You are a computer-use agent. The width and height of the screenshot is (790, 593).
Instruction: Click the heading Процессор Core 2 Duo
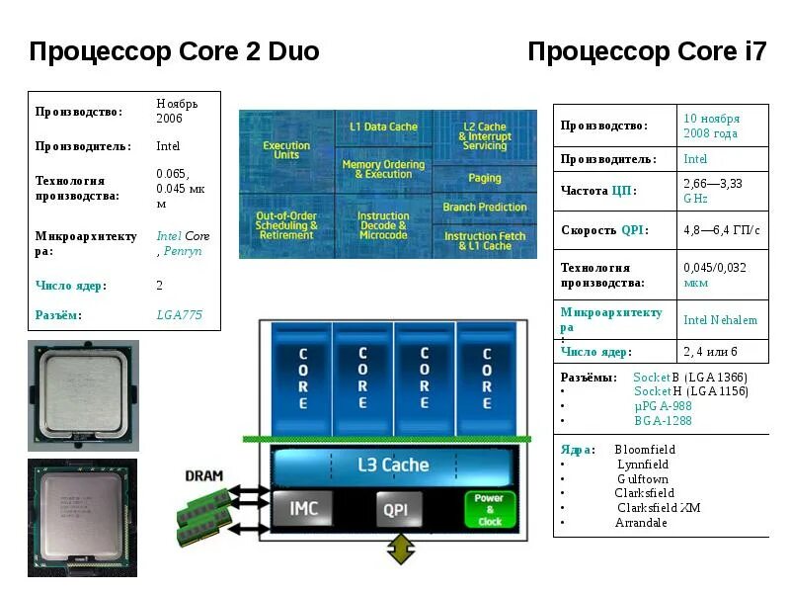pyautogui.click(x=174, y=51)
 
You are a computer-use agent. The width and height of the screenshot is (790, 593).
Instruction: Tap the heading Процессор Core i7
pyautogui.click(x=647, y=51)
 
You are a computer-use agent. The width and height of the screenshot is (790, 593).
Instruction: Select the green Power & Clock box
pyautogui.click(x=490, y=510)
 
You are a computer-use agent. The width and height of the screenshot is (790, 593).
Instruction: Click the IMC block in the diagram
pyautogui.click(x=303, y=509)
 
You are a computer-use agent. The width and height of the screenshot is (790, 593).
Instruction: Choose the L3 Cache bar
pyautogui.click(x=392, y=465)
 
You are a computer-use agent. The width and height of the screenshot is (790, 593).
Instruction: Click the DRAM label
pyautogui.click(x=203, y=475)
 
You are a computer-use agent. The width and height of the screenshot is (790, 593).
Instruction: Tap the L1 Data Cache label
pyautogui.click(x=384, y=127)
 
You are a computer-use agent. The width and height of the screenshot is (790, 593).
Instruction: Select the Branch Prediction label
pyautogui.click(x=485, y=208)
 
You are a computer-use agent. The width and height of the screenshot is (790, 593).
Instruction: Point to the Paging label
pyautogui.click(x=485, y=179)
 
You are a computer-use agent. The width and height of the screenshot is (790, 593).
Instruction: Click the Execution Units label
pyautogui.click(x=286, y=150)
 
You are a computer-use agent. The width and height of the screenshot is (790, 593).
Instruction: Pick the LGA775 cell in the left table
pyautogui.click(x=180, y=314)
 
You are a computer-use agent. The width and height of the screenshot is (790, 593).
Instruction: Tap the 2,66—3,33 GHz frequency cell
pyautogui.click(x=712, y=191)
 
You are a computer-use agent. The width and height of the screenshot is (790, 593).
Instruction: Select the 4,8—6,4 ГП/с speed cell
pyautogui.click(x=721, y=230)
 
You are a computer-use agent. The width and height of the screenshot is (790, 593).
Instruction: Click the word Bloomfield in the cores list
pyautogui.click(x=645, y=450)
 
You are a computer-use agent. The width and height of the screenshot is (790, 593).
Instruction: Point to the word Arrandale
pyautogui.click(x=641, y=523)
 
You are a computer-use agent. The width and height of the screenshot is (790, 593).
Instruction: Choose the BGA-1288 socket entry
pyautogui.click(x=663, y=421)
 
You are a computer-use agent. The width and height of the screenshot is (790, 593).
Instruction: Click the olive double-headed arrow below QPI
pyautogui.click(x=400, y=550)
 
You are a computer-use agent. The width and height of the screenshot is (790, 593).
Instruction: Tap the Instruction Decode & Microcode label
pyautogui.click(x=383, y=225)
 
